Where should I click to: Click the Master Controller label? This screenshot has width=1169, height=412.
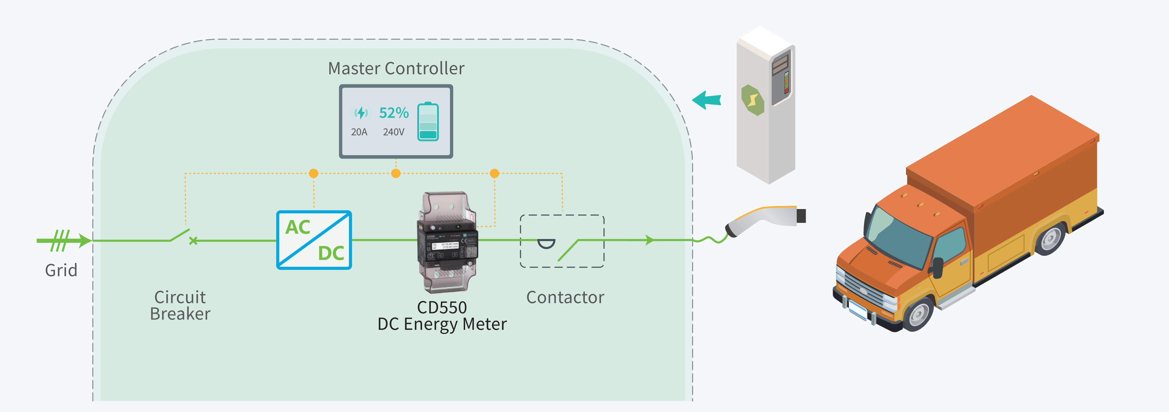tap(396, 69)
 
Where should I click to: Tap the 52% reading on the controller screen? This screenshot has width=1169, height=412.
tap(393, 113)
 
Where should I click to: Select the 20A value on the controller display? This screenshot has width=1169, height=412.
tap(359, 132)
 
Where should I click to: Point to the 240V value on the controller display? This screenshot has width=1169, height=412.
tap(393, 132)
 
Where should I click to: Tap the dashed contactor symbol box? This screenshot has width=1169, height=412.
tap(562, 241)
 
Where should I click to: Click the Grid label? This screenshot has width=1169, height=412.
tap(61, 270)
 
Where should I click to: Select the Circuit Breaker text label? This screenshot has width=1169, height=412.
tap(180, 305)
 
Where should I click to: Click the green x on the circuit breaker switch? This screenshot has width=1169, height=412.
tap(193, 241)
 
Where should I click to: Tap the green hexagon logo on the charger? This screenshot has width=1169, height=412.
tap(752, 100)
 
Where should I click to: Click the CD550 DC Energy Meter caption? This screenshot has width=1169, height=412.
tap(442, 316)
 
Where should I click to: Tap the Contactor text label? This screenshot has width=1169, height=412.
tap(565, 298)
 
